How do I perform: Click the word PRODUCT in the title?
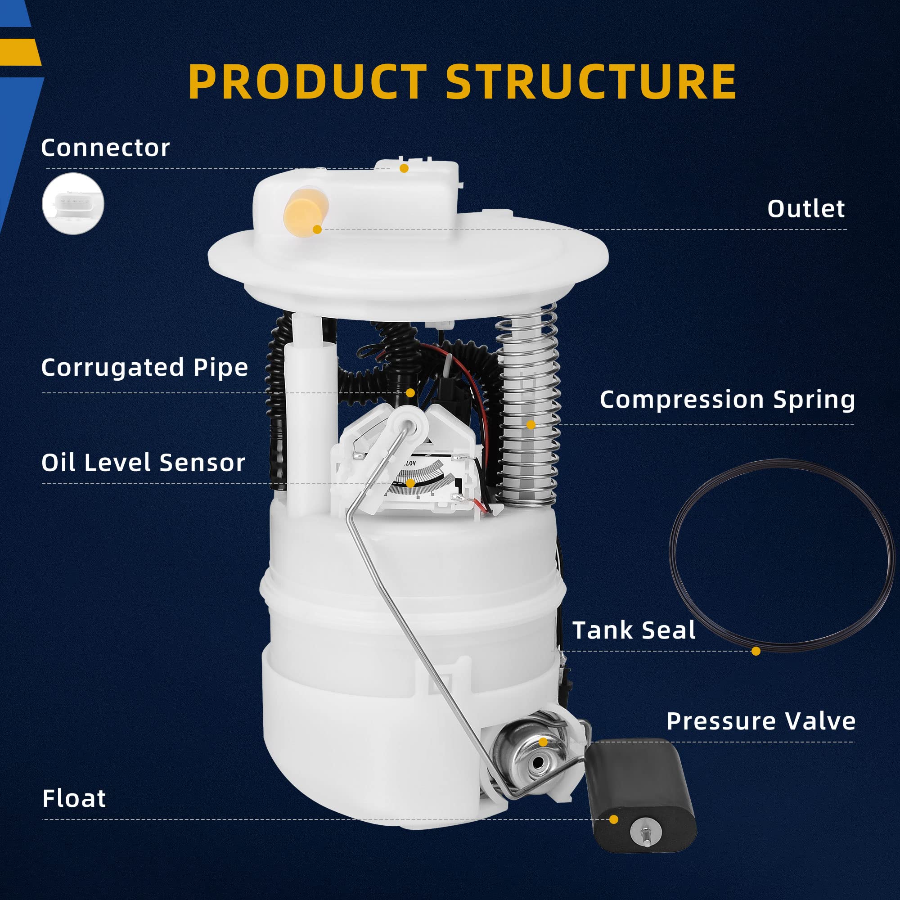307,81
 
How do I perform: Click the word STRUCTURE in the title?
591,81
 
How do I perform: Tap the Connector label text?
105,148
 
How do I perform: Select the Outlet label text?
806,209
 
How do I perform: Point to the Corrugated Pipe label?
144,368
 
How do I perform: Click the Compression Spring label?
727,400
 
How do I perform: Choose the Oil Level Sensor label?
143,463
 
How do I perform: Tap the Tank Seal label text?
634,630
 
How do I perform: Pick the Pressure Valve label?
760,721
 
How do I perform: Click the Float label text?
74,798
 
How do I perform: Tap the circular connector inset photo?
73,203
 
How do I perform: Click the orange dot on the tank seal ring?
756,651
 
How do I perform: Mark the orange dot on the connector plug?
404,168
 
